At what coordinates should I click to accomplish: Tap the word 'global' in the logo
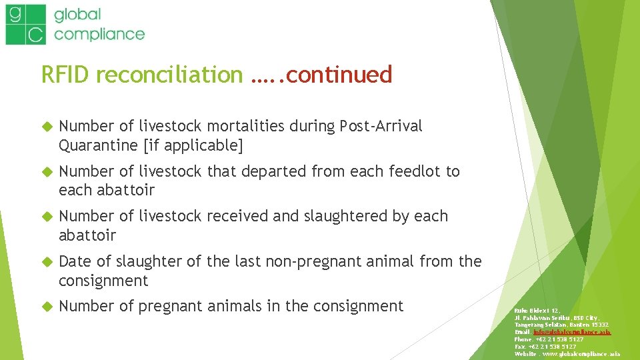coord(77,14)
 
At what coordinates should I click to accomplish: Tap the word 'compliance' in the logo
coord(99,33)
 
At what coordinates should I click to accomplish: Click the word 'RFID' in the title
coord(65,75)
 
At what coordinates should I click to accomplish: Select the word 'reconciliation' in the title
coord(169,75)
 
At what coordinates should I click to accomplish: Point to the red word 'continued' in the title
coord(341,75)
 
